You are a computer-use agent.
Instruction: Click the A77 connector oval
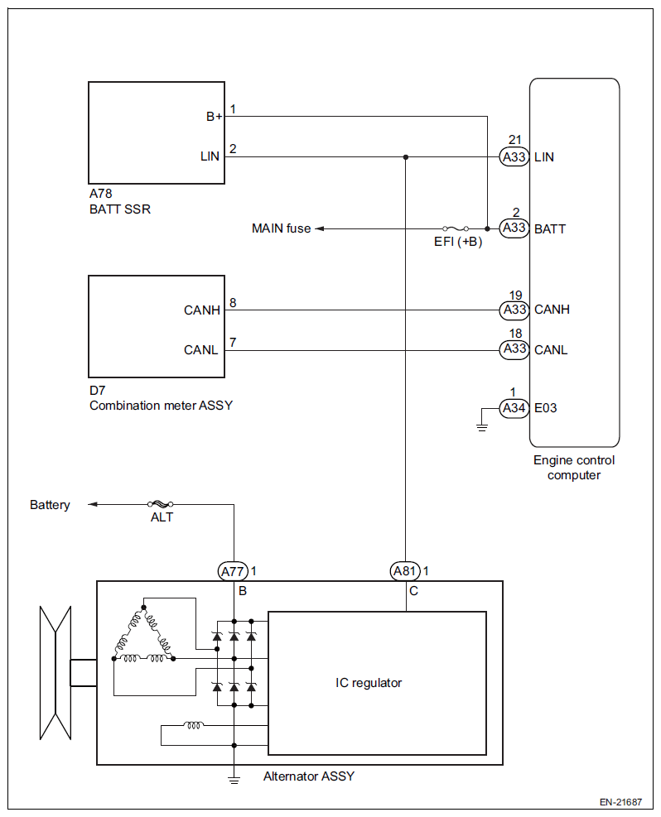[x=233, y=572]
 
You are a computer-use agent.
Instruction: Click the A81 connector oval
[x=405, y=571]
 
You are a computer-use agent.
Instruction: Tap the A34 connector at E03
[x=514, y=408]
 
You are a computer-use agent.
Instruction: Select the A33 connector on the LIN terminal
[x=514, y=156]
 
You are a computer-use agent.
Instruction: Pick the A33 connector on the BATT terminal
[x=514, y=228]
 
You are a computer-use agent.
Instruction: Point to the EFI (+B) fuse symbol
[x=456, y=228]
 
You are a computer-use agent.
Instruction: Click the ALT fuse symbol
[x=161, y=504]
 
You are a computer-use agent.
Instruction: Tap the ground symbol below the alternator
[x=234, y=780]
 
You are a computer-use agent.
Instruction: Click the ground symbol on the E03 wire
[x=482, y=428]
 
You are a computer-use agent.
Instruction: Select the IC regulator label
[x=369, y=683]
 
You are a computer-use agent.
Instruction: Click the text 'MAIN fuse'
[x=281, y=228]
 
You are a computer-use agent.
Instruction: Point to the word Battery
[x=50, y=505]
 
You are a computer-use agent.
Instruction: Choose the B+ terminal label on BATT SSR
[x=215, y=117]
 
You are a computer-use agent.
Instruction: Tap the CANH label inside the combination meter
[x=202, y=310]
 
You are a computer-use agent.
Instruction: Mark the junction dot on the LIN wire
[x=406, y=156]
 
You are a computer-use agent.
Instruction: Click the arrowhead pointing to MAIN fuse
[x=320, y=228]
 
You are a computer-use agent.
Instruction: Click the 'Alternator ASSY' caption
[x=309, y=776]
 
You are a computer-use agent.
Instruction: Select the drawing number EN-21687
[x=620, y=802]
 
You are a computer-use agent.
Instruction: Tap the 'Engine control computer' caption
[x=574, y=468]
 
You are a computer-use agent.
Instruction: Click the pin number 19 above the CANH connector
[x=515, y=296]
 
